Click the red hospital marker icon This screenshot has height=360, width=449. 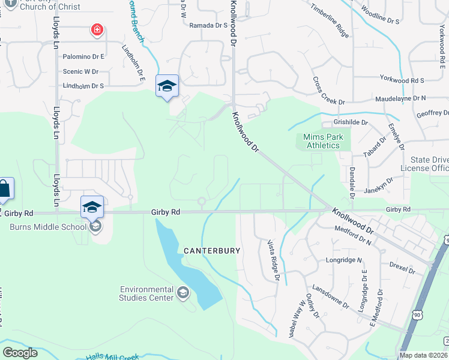(96, 29)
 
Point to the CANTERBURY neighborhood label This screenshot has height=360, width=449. (212, 250)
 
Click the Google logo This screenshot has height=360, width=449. (20, 353)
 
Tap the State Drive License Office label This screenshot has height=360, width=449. (429, 164)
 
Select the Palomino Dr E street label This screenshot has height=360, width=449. (83, 56)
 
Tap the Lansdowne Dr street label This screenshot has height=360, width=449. (330, 296)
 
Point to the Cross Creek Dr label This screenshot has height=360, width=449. (328, 91)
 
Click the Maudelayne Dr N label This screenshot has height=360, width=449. (400, 98)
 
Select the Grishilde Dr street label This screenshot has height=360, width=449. (350, 122)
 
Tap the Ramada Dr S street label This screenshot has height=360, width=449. (208, 26)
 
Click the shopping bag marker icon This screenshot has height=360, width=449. (4, 189)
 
